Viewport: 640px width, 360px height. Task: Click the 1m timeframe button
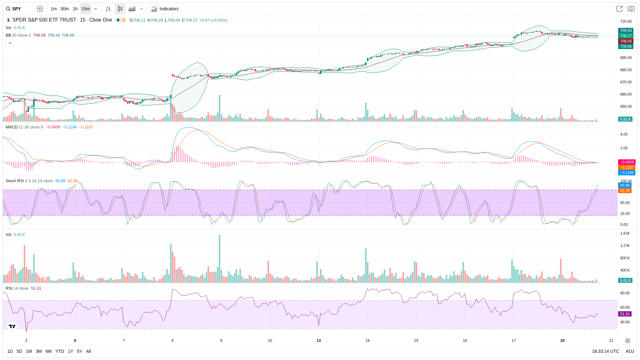click(53, 9)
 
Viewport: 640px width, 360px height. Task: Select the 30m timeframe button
click(65, 9)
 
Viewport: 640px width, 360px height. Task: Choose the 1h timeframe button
click(75, 9)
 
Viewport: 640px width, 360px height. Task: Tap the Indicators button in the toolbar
click(165, 9)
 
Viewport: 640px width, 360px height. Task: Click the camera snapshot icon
click(631, 9)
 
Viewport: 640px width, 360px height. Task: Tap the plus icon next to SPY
click(40, 9)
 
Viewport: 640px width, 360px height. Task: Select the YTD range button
click(60, 351)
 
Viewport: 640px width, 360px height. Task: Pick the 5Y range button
click(79, 351)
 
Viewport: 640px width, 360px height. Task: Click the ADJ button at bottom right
click(630, 351)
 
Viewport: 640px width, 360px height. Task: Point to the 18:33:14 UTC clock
click(605, 351)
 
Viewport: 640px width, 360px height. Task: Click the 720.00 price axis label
click(626, 22)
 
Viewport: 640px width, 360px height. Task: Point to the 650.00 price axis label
click(626, 107)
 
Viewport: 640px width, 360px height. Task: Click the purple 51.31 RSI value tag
click(625, 314)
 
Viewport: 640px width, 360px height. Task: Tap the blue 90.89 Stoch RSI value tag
click(625, 185)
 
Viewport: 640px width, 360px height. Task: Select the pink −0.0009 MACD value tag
click(627, 162)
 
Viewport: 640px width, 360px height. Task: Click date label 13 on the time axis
click(319, 341)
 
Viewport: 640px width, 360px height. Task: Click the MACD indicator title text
click(12, 127)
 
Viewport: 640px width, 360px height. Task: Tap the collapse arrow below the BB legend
click(10, 43)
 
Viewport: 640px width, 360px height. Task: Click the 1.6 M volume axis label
click(625, 233)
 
